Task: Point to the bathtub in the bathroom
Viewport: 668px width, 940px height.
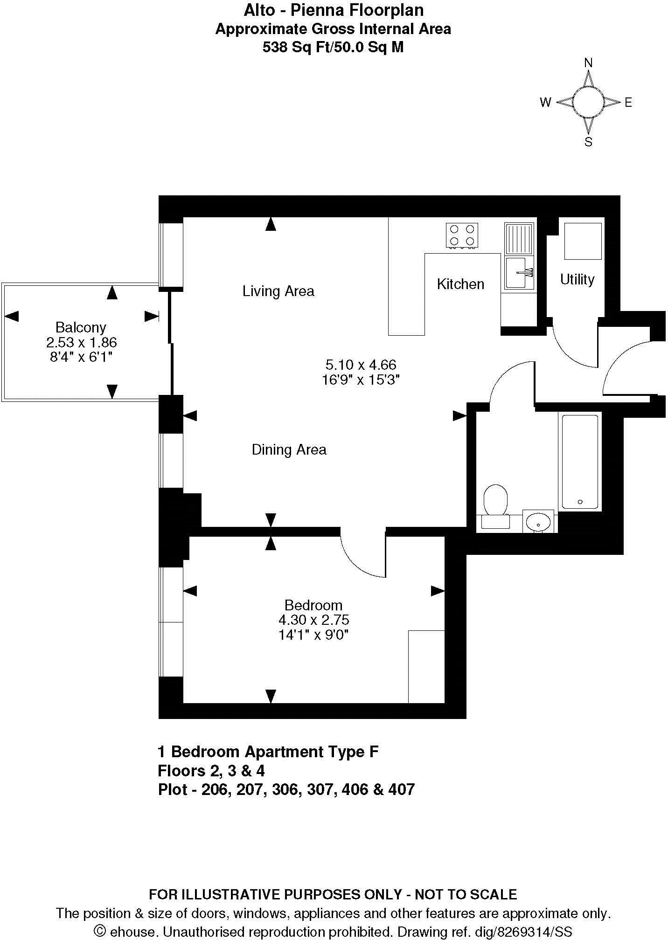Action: pos(580,461)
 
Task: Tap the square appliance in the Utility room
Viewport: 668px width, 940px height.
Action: pos(583,241)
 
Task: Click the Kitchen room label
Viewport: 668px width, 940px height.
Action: pos(460,284)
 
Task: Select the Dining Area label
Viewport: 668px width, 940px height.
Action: pos(289,449)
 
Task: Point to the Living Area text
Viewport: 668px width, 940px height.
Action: pos(278,291)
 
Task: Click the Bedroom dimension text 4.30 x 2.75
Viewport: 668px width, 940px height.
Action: pos(313,620)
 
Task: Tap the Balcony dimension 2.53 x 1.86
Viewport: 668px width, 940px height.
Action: pos(81,342)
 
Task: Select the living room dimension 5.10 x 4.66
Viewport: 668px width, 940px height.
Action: pos(361,364)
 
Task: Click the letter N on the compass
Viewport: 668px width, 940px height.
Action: pos(589,63)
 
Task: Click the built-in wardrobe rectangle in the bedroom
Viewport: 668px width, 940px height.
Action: pos(426,666)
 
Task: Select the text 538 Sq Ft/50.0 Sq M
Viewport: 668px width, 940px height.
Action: pos(333,47)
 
